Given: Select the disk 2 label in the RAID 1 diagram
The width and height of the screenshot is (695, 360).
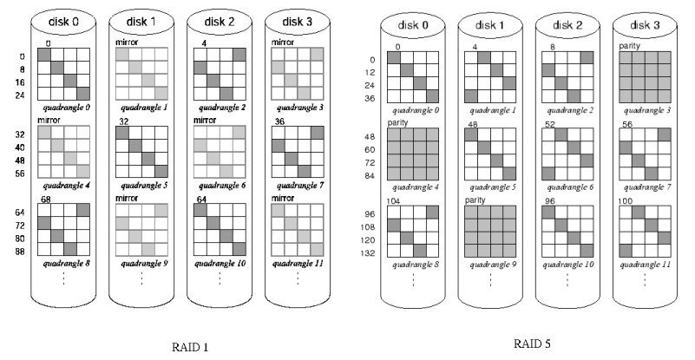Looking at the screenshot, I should point(210,19).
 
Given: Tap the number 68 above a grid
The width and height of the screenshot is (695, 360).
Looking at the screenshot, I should point(45,199).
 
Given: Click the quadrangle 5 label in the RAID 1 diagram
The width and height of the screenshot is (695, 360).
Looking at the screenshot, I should point(141,184).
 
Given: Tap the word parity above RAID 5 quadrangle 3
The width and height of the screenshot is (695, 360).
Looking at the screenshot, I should point(629,45).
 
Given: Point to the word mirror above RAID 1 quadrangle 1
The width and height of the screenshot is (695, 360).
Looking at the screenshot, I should point(128,41).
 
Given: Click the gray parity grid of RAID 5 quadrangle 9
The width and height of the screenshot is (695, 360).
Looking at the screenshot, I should point(490,230).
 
